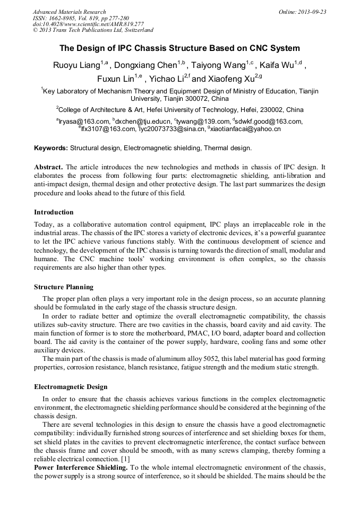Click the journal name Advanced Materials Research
pos(69,12)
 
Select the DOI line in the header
pos(88,24)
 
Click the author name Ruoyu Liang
pos(76,66)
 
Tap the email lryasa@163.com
pos(81,122)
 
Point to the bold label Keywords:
pos(51,148)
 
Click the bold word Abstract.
pos(49,167)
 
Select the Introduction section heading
pos(54,212)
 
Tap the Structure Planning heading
pos(64,287)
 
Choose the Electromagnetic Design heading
pos(71,387)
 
